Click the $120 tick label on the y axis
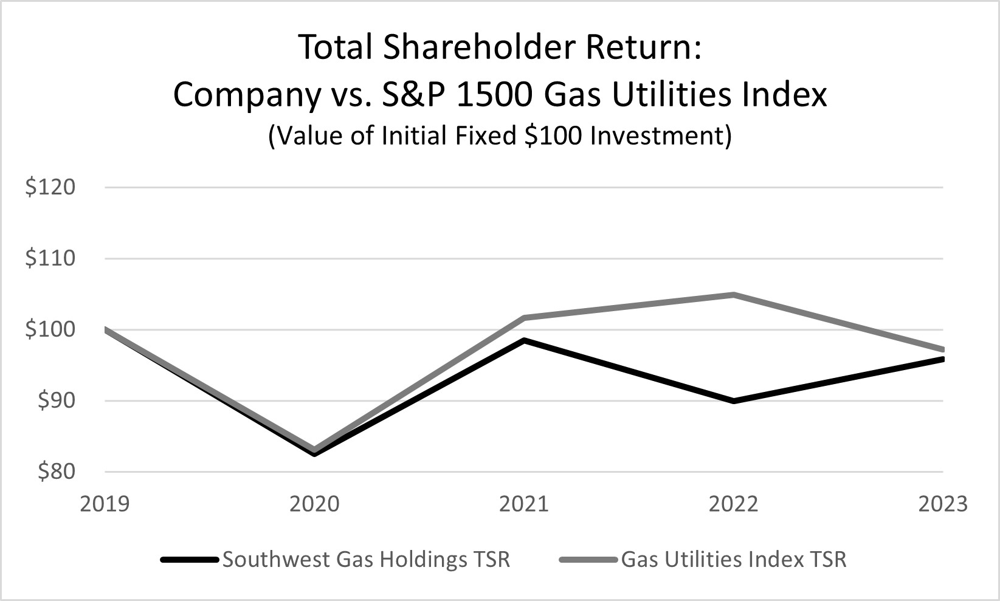point(50,187)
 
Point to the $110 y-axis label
point(50,258)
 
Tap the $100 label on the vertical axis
point(50,329)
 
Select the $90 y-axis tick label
point(56,400)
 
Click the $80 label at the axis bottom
point(56,472)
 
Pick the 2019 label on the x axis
point(105,504)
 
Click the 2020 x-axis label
point(314,504)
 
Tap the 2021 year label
point(524,504)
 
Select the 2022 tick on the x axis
point(734,504)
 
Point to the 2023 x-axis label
point(942,504)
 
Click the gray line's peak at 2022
point(734,295)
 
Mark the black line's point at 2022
point(734,401)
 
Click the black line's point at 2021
point(524,340)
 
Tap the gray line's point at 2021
point(524,318)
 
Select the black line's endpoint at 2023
point(942,359)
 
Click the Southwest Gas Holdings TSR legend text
point(366,559)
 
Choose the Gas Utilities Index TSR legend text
point(734,559)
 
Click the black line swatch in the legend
point(190,560)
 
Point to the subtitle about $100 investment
point(500,136)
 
